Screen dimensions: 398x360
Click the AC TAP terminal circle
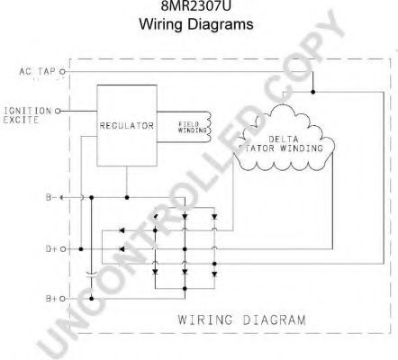click(62, 72)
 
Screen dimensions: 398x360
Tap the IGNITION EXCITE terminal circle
click(58, 112)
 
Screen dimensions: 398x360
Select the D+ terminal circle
click(63, 249)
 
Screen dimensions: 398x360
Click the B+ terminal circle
click(62, 299)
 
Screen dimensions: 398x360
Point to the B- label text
click(51, 197)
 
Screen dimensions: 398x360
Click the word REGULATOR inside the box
click(127, 126)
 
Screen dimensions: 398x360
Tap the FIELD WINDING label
click(193, 128)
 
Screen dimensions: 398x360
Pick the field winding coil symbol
click(208, 127)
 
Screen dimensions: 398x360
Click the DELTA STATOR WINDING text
click(281, 144)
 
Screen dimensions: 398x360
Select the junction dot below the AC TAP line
click(312, 92)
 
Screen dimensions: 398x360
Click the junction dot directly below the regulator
click(127, 197)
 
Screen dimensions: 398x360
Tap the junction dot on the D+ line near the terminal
click(81, 249)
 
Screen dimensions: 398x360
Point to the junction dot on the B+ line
click(92, 299)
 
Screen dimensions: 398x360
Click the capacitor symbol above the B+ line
click(92, 274)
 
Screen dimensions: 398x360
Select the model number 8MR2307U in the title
click(196, 6)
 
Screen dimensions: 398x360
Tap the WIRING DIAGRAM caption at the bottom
click(242, 319)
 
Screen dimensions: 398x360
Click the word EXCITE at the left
click(21, 120)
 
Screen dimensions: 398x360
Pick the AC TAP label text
click(38, 72)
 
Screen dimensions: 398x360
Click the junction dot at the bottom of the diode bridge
click(185, 289)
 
